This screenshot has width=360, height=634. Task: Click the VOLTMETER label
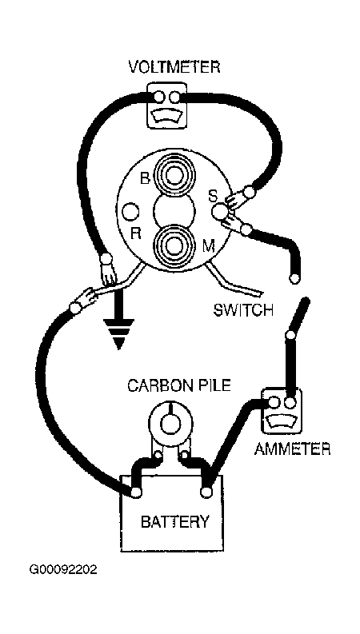[174, 66]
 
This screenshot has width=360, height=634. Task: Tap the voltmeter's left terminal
[159, 97]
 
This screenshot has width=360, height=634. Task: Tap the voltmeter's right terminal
[175, 97]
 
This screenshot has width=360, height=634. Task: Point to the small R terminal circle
[131, 212]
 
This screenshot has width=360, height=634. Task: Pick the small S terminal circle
[220, 211]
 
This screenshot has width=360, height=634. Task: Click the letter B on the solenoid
[145, 178]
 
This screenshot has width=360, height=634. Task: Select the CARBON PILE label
[179, 385]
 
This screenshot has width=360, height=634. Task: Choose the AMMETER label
[292, 449]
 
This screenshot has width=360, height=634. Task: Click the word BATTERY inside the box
[175, 521]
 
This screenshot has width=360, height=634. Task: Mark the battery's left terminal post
[136, 492]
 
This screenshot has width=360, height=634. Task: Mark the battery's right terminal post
[206, 492]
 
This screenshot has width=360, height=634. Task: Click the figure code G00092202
[62, 570]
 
